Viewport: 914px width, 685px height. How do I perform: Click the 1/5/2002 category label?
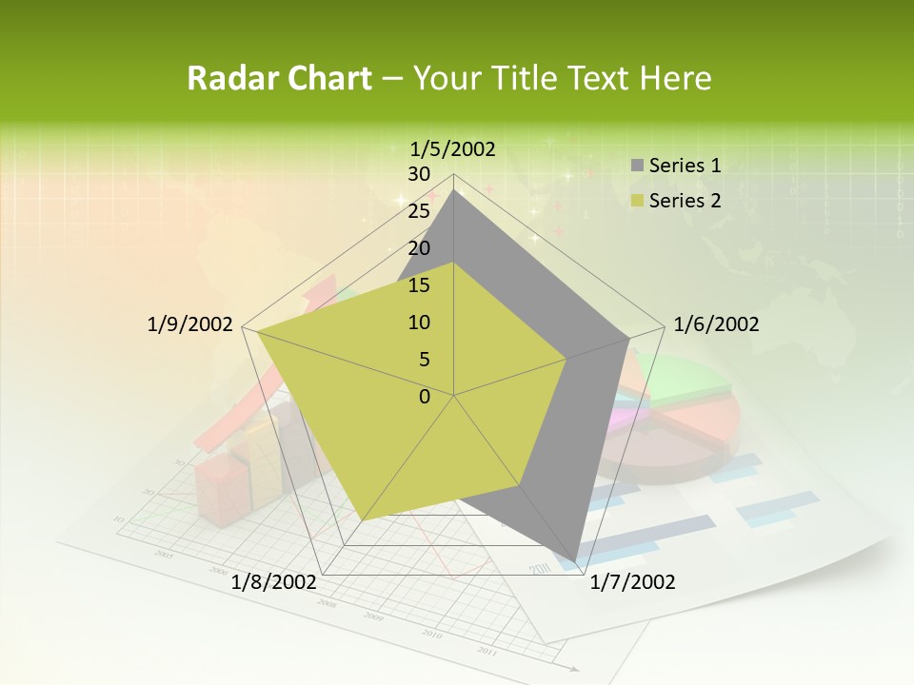point(453,148)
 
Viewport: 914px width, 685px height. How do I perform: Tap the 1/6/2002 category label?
point(716,324)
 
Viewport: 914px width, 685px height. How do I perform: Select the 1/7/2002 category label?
point(632,581)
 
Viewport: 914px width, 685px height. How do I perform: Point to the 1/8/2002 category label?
point(274,581)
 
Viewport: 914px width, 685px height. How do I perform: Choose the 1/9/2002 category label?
point(190,324)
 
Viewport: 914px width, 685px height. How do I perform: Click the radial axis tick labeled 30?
point(418,174)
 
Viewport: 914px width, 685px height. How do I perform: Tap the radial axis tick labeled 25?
point(418,211)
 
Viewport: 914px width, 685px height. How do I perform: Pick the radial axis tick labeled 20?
point(418,248)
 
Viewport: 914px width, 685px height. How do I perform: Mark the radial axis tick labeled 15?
point(418,285)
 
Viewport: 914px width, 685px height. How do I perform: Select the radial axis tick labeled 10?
point(418,323)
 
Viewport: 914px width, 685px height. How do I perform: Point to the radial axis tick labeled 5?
point(424,360)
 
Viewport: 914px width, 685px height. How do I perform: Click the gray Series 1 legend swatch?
point(637,166)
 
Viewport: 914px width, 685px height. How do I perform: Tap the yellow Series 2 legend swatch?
point(637,201)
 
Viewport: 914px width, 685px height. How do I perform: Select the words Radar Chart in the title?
point(279,78)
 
